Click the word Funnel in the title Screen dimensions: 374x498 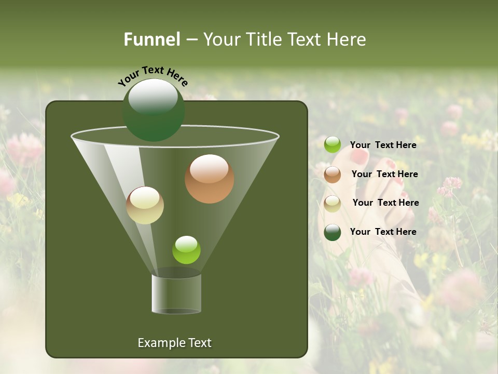tap(151, 39)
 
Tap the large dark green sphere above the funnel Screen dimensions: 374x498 tap(154, 110)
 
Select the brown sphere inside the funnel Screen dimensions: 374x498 tap(209, 179)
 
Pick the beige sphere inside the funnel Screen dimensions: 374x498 tap(145, 205)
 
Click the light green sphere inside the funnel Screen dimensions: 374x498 tap(186, 250)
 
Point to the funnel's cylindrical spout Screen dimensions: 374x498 tap(176, 294)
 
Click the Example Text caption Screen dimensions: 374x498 tap(174, 343)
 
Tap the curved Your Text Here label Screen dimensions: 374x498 tap(153, 76)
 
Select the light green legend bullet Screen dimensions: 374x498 tap(333, 145)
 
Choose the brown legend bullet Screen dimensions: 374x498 tap(333, 175)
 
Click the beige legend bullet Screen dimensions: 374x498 tap(333, 204)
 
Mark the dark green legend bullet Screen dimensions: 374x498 tap(333, 232)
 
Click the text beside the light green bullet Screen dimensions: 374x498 tap(383, 145)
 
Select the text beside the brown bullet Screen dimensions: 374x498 tap(384, 174)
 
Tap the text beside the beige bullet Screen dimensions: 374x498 tap(385, 203)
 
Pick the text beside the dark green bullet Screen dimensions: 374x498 tap(383, 232)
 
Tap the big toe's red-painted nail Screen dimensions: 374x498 tap(359, 155)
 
